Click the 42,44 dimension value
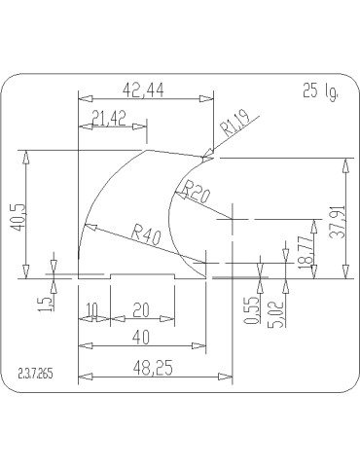143,90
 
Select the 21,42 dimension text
109,119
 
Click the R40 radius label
146,234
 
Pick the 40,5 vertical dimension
17,217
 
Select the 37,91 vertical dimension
338,222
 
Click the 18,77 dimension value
306,253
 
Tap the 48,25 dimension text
153,368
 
